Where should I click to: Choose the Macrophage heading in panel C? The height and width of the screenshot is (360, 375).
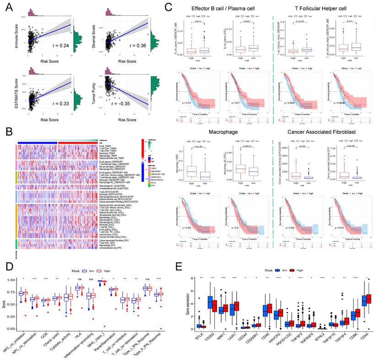[217, 133]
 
